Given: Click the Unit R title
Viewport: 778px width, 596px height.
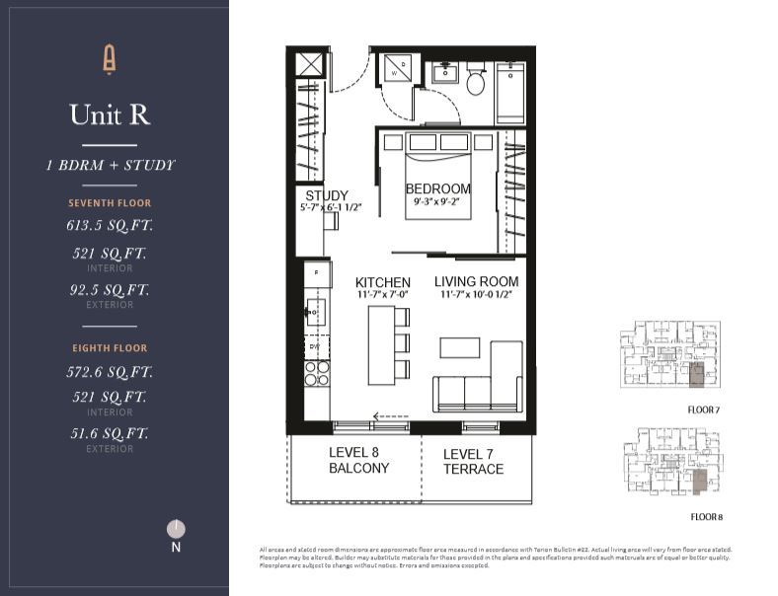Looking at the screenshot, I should coord(110,114).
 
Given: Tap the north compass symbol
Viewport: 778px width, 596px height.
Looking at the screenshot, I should coord(176,530).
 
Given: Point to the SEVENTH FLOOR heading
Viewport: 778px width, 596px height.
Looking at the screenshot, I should coord(110,203).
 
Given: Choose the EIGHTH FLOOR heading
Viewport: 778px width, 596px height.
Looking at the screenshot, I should coord(110,347).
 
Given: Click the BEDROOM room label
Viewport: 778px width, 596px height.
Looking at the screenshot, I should coord(437,188).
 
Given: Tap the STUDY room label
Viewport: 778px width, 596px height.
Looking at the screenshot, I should coord(326,195).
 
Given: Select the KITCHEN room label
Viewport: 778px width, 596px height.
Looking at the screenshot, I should coord(383,282).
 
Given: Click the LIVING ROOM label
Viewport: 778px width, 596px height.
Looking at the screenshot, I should coord(476,282).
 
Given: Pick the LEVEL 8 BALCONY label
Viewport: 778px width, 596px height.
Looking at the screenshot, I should coord(358,461).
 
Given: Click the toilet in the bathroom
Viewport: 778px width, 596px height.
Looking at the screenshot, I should coord(475,82).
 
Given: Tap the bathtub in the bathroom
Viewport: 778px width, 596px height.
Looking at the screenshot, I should coord(510,92).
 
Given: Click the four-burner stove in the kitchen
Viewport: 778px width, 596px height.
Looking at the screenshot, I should coord(317,373).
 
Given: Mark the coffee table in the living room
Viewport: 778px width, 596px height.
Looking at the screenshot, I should coord(460,347).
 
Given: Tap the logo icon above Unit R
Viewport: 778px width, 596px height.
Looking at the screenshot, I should coord(110,60).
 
